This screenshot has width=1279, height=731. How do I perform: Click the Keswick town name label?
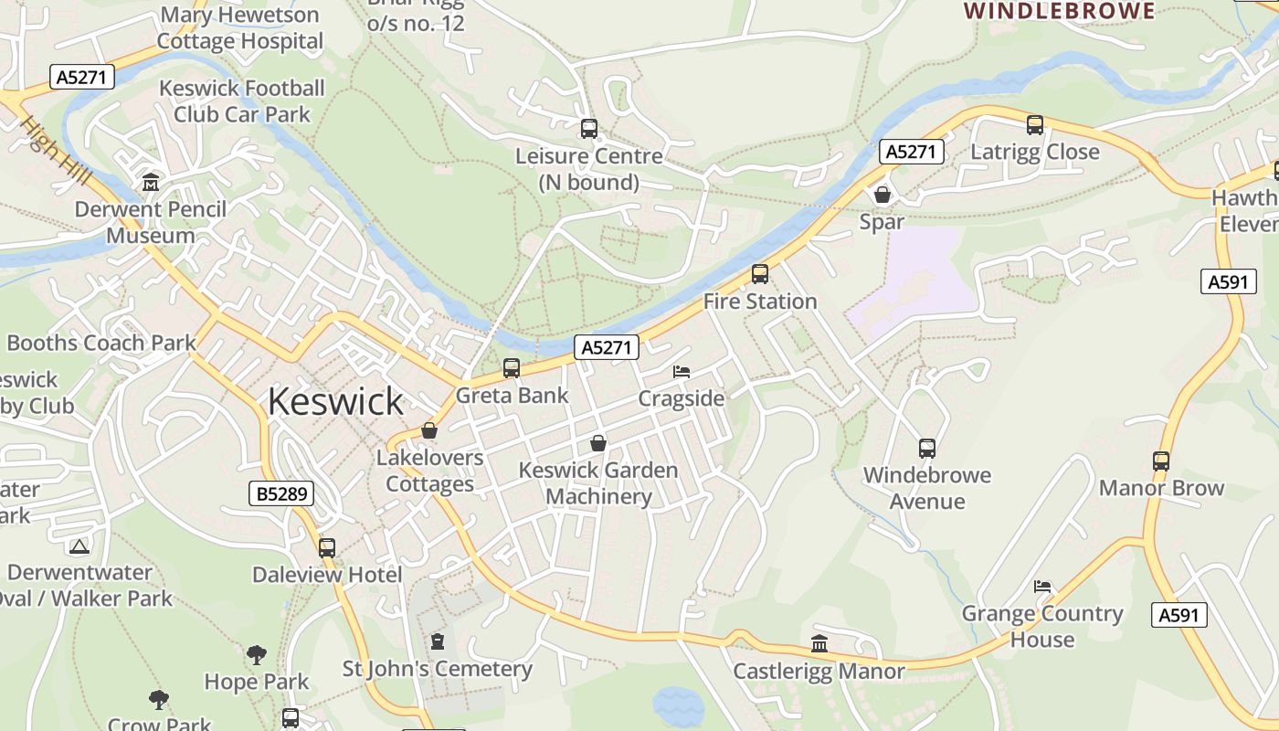(x=335, y=402)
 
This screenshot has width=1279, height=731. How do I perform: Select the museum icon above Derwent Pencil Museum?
(x=151, y=183)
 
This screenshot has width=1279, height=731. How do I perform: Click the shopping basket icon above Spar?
(x=883, y=195)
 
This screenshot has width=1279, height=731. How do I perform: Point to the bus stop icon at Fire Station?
(x=759, y=274)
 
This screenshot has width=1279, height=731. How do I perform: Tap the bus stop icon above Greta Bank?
(x=512, y=368)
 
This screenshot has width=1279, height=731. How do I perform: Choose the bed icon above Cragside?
(x=682, y=372)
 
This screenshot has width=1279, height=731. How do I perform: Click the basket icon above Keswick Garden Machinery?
(x=598, y=443)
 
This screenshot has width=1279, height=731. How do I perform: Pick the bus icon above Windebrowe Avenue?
(x=927, y=449)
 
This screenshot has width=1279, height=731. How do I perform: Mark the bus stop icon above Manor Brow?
(x=1161, y=461)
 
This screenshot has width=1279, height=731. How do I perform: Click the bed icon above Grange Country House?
(x=1042, y=586)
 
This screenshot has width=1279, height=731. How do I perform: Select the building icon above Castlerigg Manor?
(x=819, y=644)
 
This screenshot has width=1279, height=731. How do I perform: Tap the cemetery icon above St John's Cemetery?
(x=437, y=641)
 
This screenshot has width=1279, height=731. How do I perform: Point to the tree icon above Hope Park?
(x=256, y=654)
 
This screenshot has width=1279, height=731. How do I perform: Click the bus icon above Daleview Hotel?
(x=327, y=548)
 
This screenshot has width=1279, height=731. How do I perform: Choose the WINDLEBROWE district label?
(x=1060, y=11)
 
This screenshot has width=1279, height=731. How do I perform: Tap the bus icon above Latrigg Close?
(x=1035, y=125)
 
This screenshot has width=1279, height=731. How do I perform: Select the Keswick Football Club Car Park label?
(x=242, y=101)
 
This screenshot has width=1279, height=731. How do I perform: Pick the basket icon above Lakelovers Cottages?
(x=429, y=430)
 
